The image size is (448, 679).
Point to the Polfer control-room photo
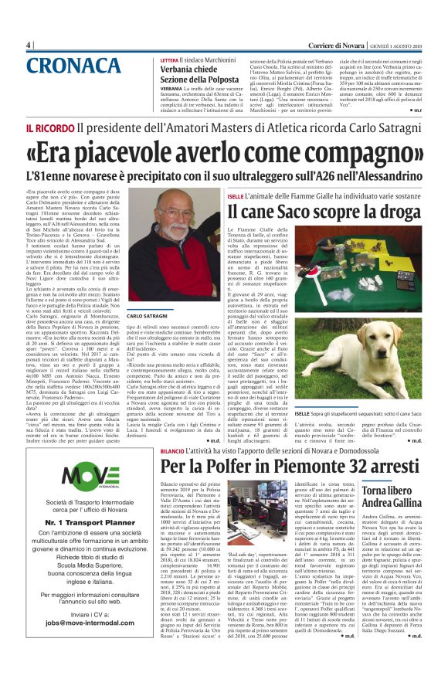point(253,504)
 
